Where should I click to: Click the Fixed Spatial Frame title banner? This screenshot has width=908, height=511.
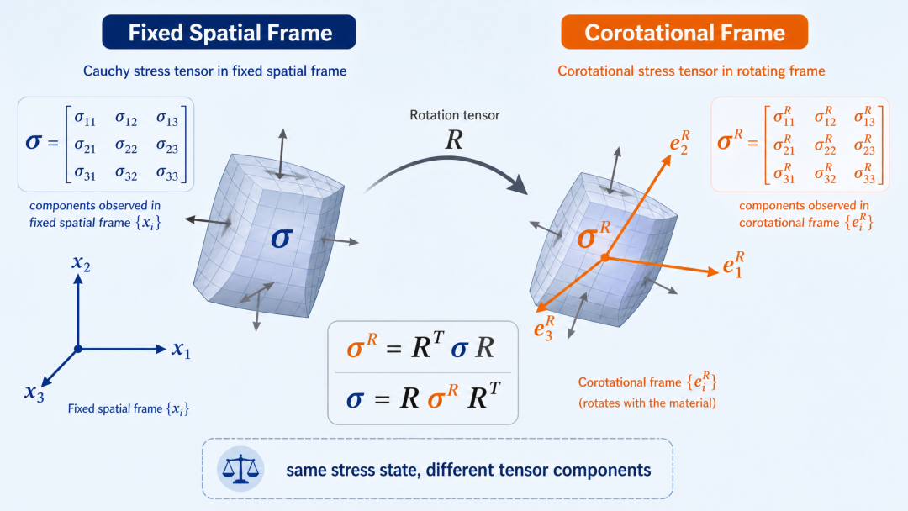tap(229, 32)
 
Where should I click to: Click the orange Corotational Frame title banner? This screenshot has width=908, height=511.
tap(684, 32)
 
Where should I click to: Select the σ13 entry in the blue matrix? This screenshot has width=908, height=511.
tap(167, 118)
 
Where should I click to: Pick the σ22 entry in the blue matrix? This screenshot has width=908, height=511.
tap(126, 145)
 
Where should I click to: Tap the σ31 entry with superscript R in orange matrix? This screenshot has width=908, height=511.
tap(784, 173)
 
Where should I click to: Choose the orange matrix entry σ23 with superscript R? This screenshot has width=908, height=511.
tap(864, 145)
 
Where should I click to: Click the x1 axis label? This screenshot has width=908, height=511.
tap(181, 350)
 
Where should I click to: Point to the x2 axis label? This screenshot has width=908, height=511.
tap(81, 264)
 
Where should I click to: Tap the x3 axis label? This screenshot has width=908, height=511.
tap(34, 393)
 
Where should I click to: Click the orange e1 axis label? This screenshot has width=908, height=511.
tap(733, 264)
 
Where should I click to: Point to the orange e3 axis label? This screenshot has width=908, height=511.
tap(544, 327)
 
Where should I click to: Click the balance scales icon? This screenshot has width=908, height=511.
tap(240, 469)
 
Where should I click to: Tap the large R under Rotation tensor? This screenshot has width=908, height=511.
tap(454, 140)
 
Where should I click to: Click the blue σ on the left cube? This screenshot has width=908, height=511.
tap(282, 238)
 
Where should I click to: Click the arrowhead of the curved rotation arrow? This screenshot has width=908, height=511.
tap(517, 183)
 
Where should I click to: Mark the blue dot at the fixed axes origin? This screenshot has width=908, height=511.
tap(78, 349)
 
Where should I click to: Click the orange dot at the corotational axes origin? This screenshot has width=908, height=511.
tap(604, 257)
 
